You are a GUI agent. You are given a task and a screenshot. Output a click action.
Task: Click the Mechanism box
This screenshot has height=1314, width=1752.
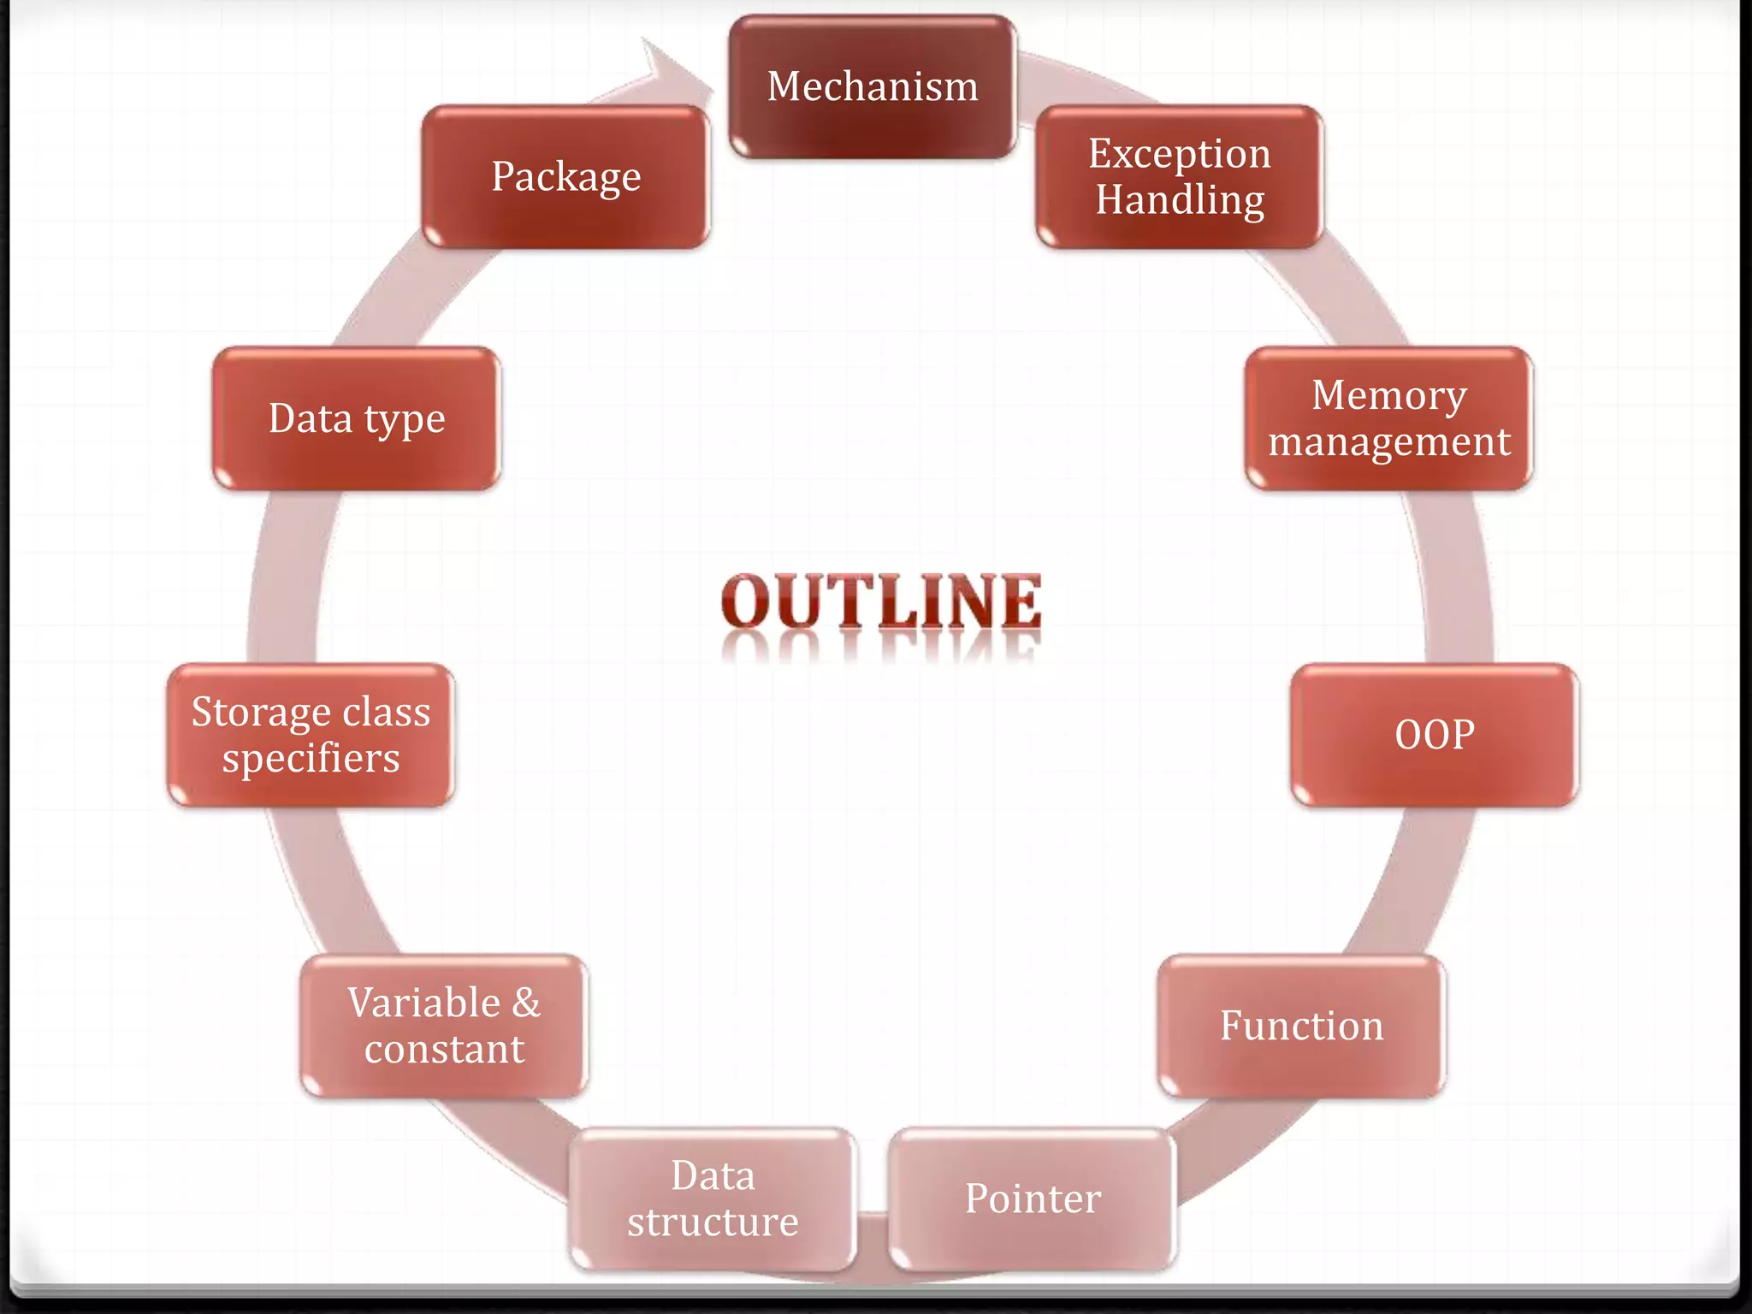pos(873,86)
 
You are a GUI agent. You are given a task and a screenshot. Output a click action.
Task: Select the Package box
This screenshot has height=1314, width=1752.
pos(565,177)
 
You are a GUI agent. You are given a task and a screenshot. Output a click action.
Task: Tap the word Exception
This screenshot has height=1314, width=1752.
pos(1179,155)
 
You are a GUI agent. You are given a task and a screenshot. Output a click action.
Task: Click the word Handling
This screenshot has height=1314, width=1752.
pos(1180,201)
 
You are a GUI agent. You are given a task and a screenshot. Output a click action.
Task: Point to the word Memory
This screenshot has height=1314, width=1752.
pos(1388,396)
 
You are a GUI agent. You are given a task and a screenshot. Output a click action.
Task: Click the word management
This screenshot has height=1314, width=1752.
pos(1388,442)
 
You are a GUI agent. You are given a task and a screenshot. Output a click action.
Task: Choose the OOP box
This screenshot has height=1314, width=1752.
pos(1435,735)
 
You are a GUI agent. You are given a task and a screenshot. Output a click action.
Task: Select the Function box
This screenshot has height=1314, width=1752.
pos(1301,1026)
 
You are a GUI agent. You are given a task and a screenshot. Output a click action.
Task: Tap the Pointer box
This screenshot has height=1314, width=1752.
pos(1033,1199)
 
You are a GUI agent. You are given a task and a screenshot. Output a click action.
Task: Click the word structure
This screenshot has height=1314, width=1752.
pos(713,1222)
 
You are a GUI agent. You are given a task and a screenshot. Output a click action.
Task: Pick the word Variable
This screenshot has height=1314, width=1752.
pos(423,1003)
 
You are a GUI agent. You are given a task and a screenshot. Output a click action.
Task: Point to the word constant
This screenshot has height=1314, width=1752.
pos(444,1050)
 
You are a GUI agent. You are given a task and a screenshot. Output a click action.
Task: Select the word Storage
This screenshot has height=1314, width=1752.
pos(262,713)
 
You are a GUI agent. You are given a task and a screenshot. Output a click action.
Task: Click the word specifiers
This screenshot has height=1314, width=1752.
pos(311,759)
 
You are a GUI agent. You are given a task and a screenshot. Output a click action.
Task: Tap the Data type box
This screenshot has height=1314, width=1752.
pos(357,418)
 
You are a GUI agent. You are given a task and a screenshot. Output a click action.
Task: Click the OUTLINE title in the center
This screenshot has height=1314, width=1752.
pos(881,601)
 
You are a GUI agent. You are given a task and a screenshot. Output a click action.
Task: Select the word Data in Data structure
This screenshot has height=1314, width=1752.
pos(713,1175)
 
